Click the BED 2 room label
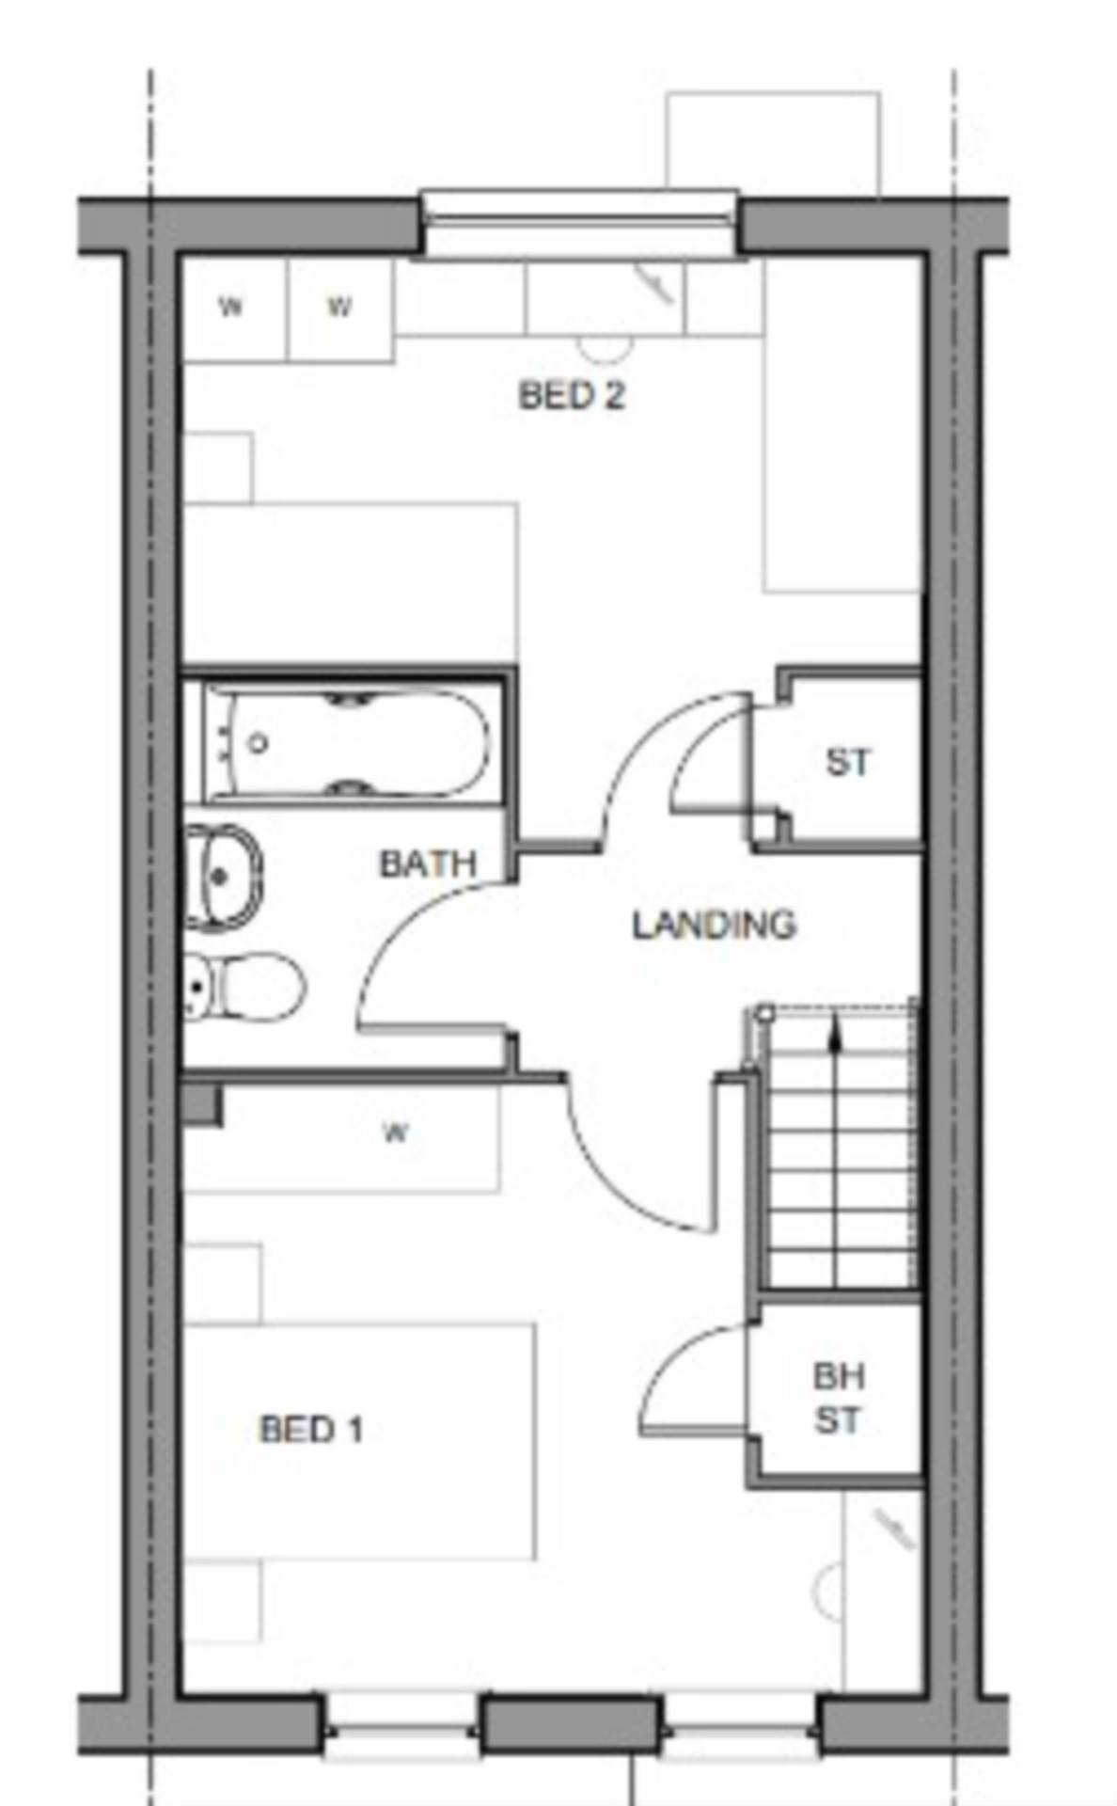(x=571, y=396)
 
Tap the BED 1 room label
(x=310, y=1430)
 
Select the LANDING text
(x=714, y=926)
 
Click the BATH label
(x=427, y=864)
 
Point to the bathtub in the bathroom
(x=348, y=743)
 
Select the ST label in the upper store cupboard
(x=847, y=763)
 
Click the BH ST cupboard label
(x=838, y=1399)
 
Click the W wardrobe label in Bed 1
(x=396, y=1133)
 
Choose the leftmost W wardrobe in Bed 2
(x=231, y=308)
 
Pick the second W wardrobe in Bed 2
(x=339, y=308)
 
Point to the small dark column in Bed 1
(x=201, y=1105)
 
